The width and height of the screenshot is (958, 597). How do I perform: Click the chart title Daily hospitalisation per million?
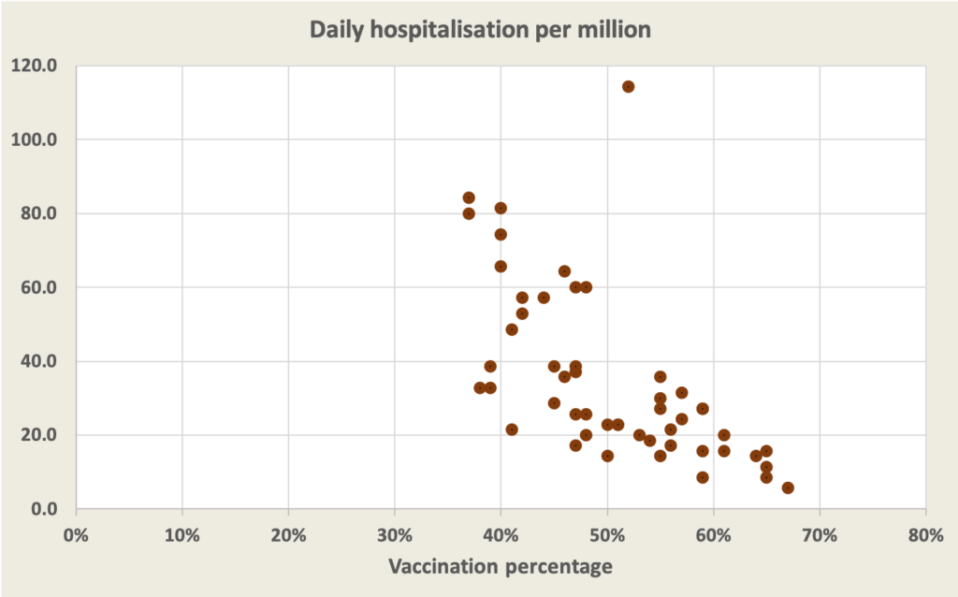click(x=480, y=30)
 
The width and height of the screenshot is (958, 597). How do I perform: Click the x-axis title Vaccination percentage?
click(x=500, y=566)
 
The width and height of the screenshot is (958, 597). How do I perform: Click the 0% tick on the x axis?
click(x=76, y=535)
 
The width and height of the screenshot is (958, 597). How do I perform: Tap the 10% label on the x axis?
click(x=181, y=535)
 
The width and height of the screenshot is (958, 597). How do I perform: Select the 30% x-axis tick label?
click(x=394, y=535)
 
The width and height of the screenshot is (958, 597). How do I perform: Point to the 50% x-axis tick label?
click(x=607, y=535)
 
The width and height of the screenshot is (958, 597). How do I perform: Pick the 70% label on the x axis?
click(x=820, y=535)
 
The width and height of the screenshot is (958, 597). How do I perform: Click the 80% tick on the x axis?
click(x=925, y=535)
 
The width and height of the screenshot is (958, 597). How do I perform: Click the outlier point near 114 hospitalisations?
click(x=628, y=86)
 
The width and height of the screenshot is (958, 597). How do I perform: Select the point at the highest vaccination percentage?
click(x=788, y=488)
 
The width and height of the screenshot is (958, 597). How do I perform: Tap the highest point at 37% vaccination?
click(x=469, y=197)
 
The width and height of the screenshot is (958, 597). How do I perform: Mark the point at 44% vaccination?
click(x=544, y=298)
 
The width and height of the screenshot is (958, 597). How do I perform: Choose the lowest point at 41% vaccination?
click(x=512, y=430)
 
